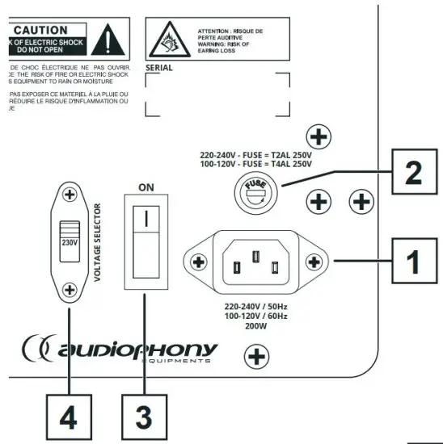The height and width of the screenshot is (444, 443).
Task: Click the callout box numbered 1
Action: (x=411, y=261)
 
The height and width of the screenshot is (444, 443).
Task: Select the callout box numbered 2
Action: (x=411, y=170)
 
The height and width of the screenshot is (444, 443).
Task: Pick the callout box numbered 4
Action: (x=67, y=417)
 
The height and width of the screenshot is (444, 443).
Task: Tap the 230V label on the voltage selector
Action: (x=70, y=240)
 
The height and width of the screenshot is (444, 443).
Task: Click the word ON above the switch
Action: (x=146, y=186)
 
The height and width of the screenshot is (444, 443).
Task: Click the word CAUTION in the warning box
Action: (x=47, y=30)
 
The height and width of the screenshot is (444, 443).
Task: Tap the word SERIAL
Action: (x=159, y=69)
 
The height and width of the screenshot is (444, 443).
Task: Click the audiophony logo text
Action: (x=137, y=349)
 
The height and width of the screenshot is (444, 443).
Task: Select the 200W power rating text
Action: (x=255, y=327)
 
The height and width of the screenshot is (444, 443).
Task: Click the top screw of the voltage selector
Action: (x=70, y=195)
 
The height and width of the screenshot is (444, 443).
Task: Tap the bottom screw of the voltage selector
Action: (x=70, y=289)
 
